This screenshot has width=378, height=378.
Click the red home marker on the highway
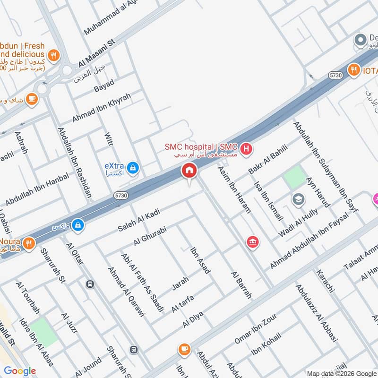coord(189,171)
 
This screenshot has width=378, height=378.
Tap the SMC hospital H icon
coord(246,150)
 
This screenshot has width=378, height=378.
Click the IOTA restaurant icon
coord(353,70)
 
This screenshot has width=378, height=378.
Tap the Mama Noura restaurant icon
coord(29,243)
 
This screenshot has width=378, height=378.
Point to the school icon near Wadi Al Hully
coord(298,199)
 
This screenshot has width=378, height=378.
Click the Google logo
coord(20,371)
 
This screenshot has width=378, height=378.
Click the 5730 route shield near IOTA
coord(335,75)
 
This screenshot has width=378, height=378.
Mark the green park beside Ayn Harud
coord(295,178)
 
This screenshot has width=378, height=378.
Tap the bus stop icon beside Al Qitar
coord(89,284)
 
